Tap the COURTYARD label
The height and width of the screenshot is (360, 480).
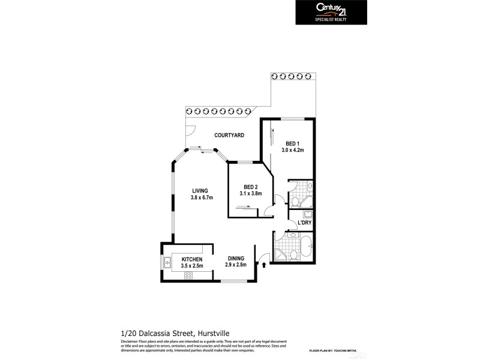tap(229, 136)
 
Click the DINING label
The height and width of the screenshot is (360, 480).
tap(235, 259)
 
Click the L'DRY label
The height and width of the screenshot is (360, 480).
tap(304, 224)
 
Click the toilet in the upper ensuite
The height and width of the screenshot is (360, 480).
tap(296, 200)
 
